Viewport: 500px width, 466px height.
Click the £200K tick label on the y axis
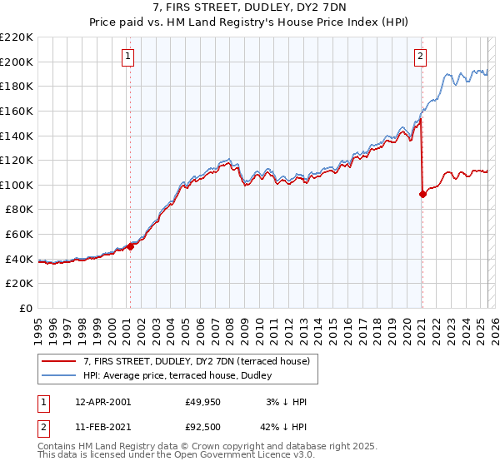(17, 62)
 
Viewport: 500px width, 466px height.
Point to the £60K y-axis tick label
(19, 235)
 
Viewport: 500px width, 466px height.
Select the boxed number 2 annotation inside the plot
(420, 57)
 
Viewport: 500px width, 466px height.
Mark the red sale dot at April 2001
(130, 246)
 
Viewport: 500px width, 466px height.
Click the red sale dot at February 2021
(422, 194)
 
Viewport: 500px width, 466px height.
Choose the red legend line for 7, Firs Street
(59, 361)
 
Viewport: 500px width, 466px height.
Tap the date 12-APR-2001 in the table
(102, 402)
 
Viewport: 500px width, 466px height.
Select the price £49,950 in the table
(203, 402)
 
